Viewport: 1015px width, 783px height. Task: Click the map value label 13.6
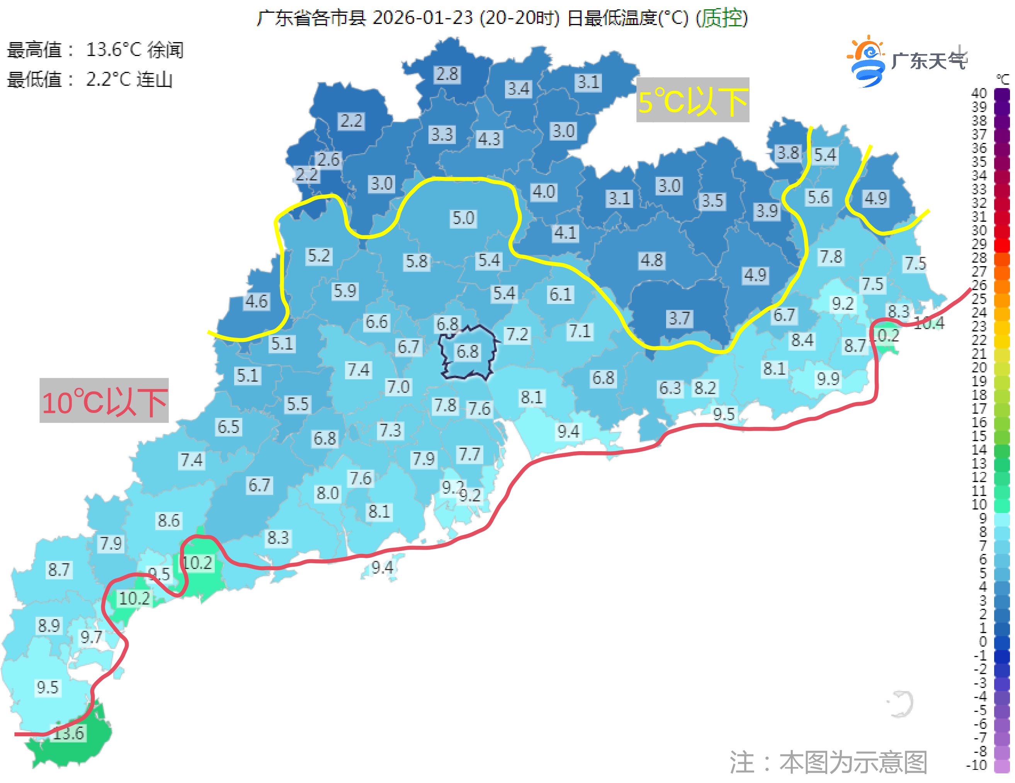pyautogui.click(x=69, y=733)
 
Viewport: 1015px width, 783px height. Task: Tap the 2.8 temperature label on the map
pyautogui.click(x=447, y=74)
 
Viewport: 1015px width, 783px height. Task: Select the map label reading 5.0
pyautogui.click(x=463, y=218)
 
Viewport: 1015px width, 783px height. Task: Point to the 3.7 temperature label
pyautogui.click(x=679, y=318)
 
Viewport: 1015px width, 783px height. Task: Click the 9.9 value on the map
pyautogui.click(x=828, y=379)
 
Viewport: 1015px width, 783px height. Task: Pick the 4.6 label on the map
pyautogui.click(x=257, y=301)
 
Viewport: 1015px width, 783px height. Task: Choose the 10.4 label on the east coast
pyautogui.click(x=930, y=323)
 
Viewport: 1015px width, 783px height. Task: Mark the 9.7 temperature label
pyautogui.click(x=91, y=637)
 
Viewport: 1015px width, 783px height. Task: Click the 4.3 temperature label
pyautogui.click(x=489, y=138)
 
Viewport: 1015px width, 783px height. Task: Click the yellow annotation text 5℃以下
pyautogui.click(x=692, y=101)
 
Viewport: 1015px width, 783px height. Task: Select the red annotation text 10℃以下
pyautogui.click(x=104, y=401)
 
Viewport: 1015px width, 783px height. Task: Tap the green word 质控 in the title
pyautogui.click(x=721, y=18)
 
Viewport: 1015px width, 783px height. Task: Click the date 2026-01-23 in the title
pyautogui.click(x=422, y=18)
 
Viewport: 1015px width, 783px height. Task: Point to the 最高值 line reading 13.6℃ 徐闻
pyautogui.click(x=95, y=50)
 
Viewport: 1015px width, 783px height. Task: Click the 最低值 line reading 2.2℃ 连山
pyautogui.click(x=90, y=80)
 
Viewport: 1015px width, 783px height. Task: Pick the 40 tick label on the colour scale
pyautogui.click(x=979, y=93)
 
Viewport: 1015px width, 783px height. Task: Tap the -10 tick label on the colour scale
pyautogui.click(x=976, y=765)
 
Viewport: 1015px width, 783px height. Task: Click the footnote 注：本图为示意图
pyautogui.click(x=828, y=762)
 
